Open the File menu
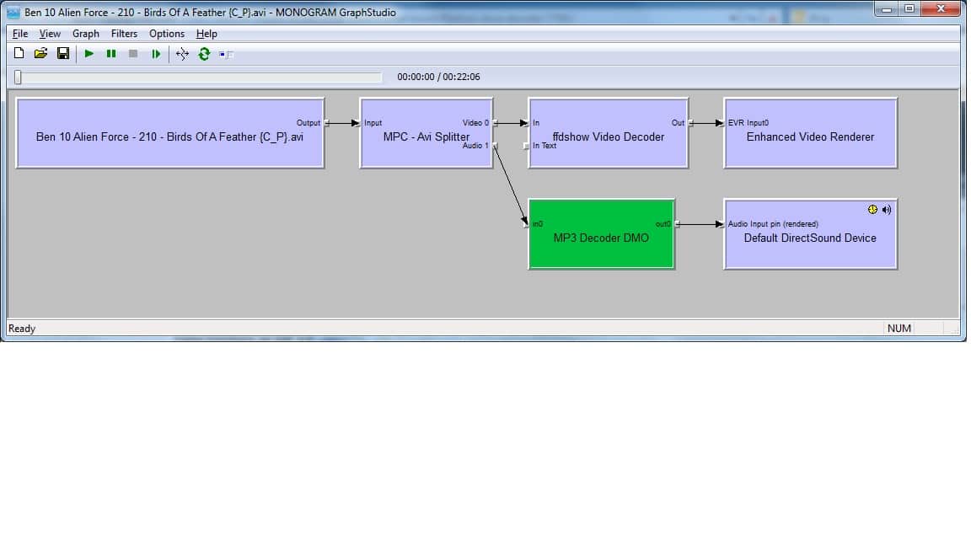coord(20,34)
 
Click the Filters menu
coord(124,34)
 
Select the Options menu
coord(167,34)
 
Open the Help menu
coord(207,34)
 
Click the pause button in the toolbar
coord(111,54)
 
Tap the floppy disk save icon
coord(63,54)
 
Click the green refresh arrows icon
coord(204,54)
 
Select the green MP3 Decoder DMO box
coord(601,234)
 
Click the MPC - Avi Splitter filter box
coord(426,133)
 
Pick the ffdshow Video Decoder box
coord(608,133)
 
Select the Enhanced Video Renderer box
coord(810,133)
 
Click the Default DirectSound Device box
coord(810,234)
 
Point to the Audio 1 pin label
coord(475,146)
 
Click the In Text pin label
coord(545,146)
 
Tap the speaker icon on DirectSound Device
coord(887,210)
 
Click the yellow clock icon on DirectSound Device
coord(872,210)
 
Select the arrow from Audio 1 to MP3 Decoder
coord(512,185)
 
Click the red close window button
coord(941,8)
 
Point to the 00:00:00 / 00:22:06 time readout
coord(438,77)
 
